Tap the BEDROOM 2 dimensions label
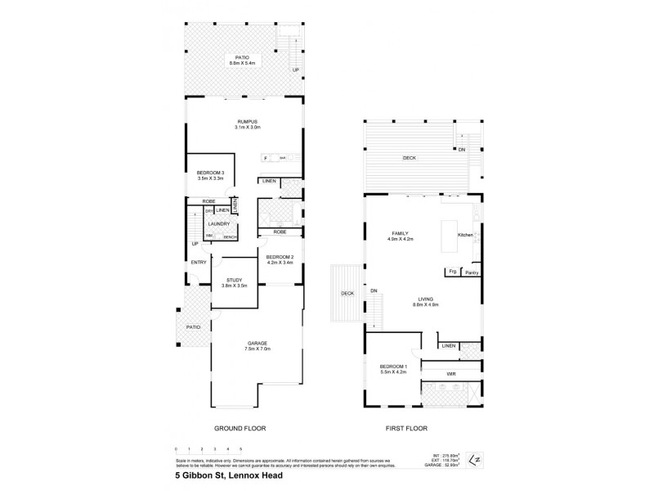(280, 263)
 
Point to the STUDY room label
(234, 283)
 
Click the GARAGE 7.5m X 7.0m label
(258, 345)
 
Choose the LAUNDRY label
(218, 223)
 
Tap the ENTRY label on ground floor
(199, 262)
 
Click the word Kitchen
(466, 236)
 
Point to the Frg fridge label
(451, 272)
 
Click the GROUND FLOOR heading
(240, 428)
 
